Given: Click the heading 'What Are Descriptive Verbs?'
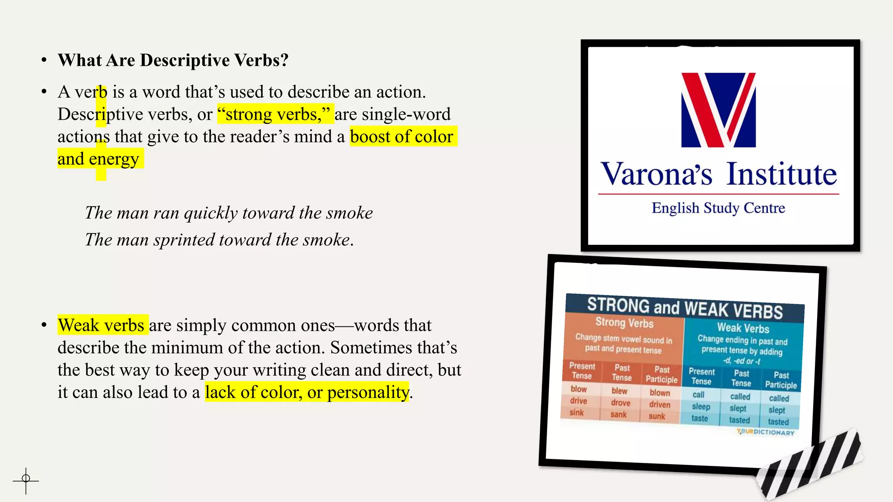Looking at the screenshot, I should click(173, 60).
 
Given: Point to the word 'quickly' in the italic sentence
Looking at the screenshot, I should click(211, 213).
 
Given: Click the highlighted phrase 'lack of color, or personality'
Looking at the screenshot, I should click(307, 392).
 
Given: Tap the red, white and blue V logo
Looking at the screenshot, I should click(718, 110).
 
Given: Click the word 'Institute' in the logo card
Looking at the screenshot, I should click(782, 174).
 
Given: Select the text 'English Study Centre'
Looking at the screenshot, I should click(718, 208).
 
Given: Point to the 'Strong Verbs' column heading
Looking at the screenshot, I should click(624, 322).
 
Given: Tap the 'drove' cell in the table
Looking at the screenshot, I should click(620, 403).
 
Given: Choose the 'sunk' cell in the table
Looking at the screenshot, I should click(657, 416).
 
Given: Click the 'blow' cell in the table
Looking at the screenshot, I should click(579, 389).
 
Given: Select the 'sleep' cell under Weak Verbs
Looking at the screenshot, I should click(701, 407).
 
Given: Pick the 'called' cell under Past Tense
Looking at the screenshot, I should click(740, 397).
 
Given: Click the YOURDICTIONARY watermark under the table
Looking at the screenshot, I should click(765, 432).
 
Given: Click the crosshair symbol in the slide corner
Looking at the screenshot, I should click(26, 480).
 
